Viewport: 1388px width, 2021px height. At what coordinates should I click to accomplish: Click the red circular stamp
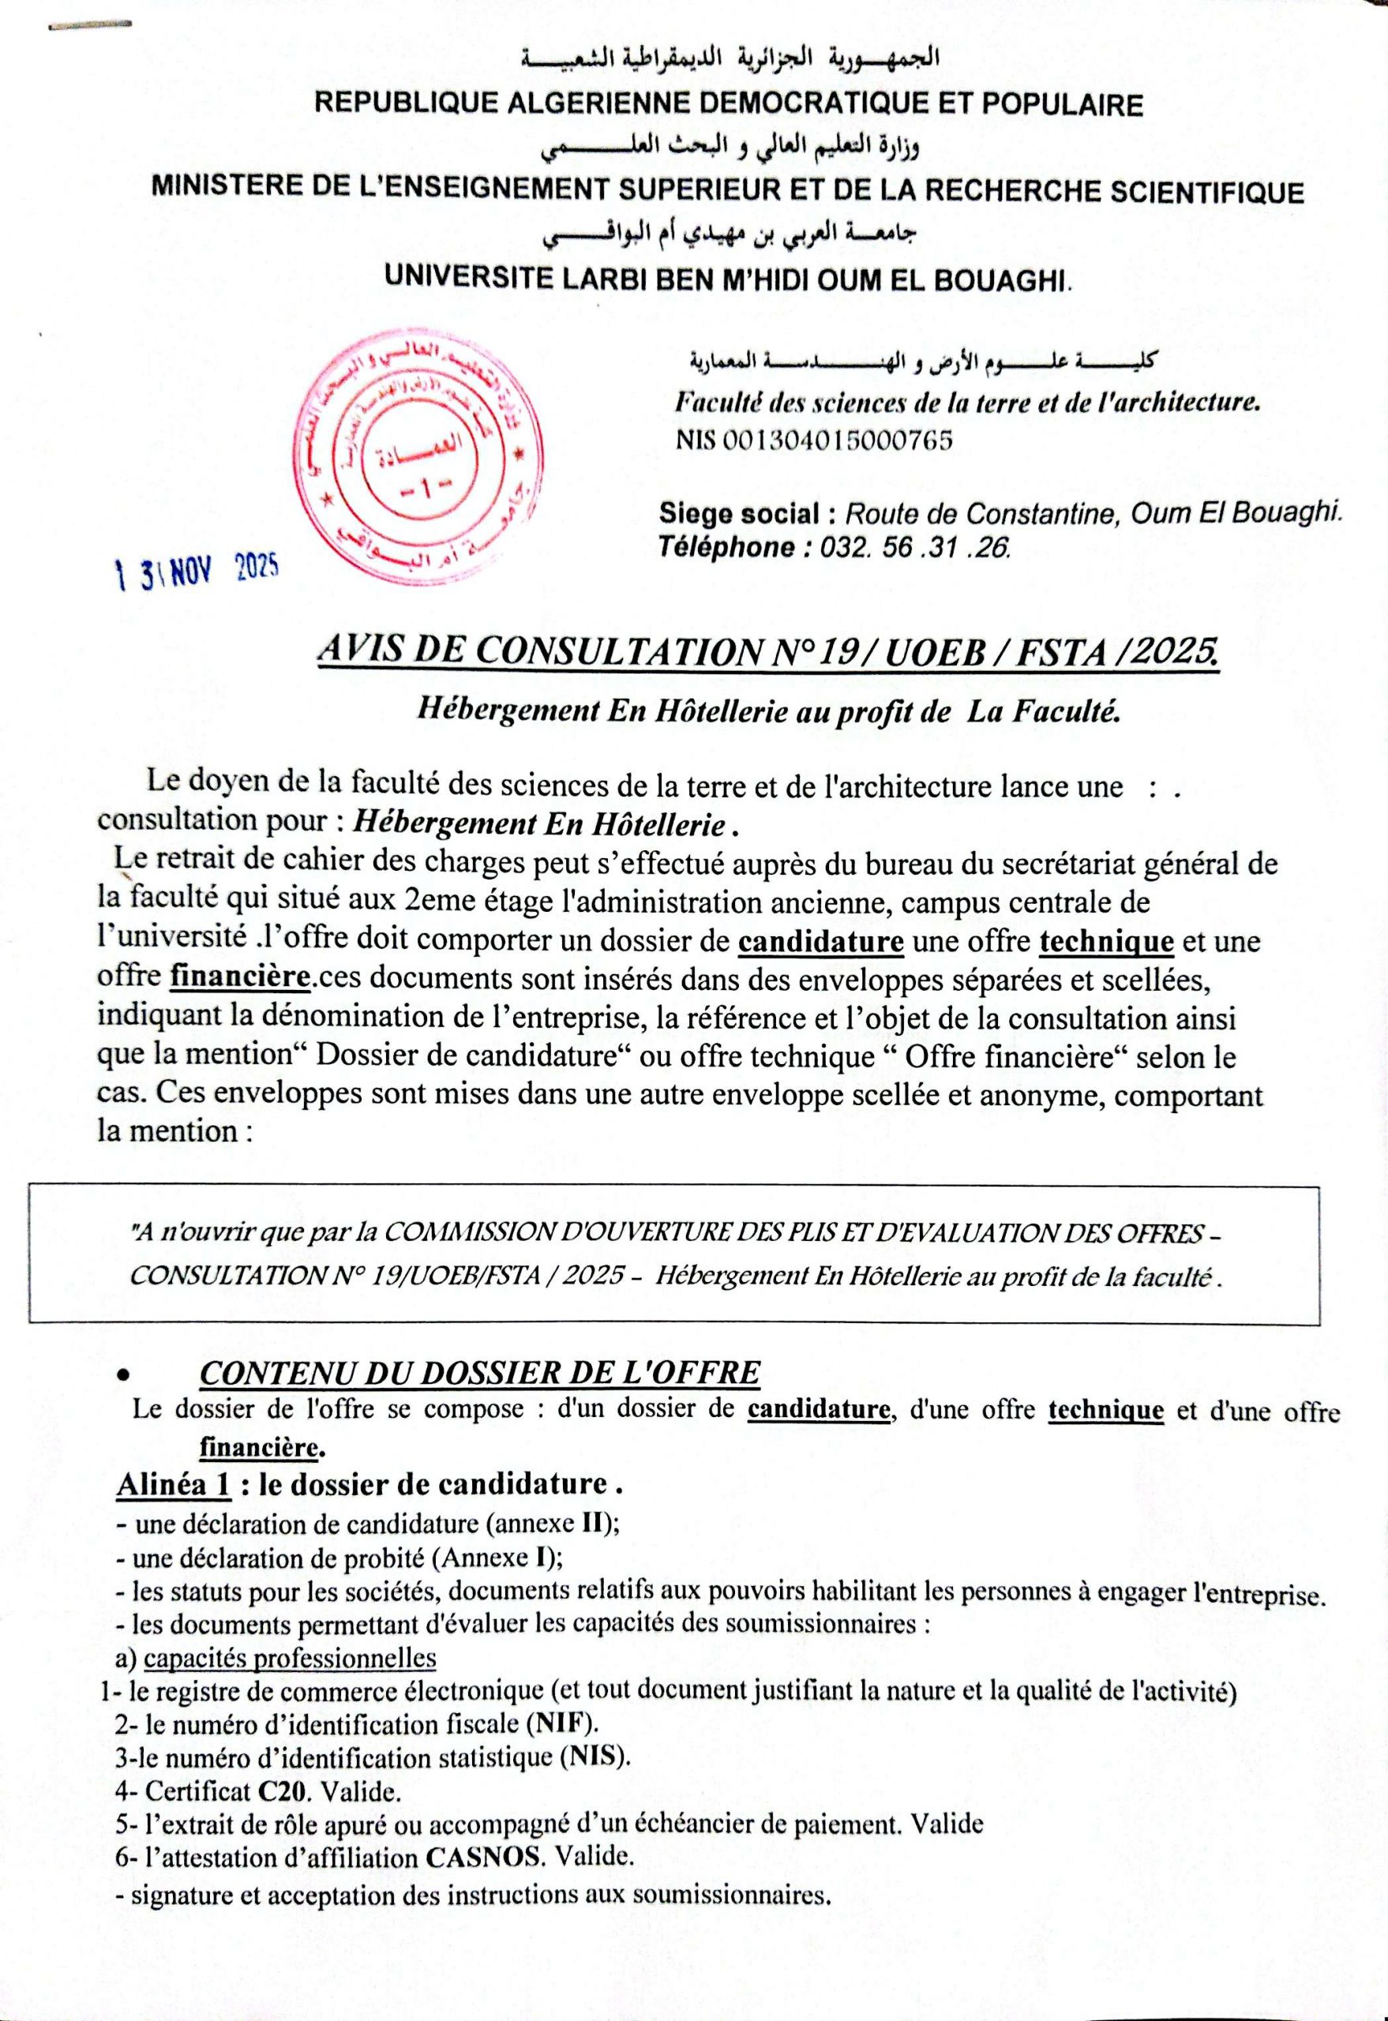(x=419, y=463)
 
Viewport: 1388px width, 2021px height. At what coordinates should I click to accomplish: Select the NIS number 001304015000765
(x=814, y=441)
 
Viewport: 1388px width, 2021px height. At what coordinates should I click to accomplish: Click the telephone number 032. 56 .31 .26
(x=908, y=547)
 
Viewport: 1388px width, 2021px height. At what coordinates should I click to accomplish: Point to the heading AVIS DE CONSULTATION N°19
(x=769, y=651)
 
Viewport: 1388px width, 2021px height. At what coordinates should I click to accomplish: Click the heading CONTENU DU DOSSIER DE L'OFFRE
(x=479, y=1373)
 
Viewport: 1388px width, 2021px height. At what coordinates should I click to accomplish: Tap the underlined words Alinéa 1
(x=174, y=1484)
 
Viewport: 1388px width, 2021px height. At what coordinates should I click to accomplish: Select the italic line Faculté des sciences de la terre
(x=968, y=403)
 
